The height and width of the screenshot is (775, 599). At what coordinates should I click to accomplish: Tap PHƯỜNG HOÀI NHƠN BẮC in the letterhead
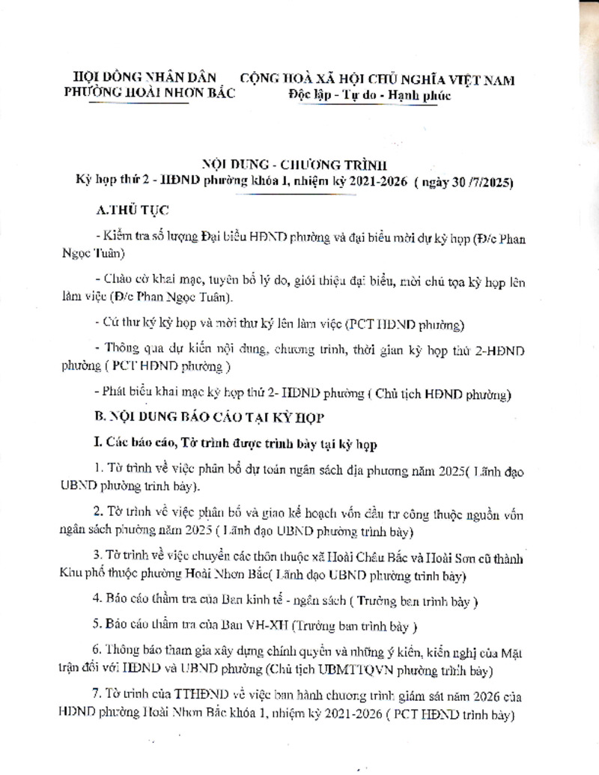coord(150,93)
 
